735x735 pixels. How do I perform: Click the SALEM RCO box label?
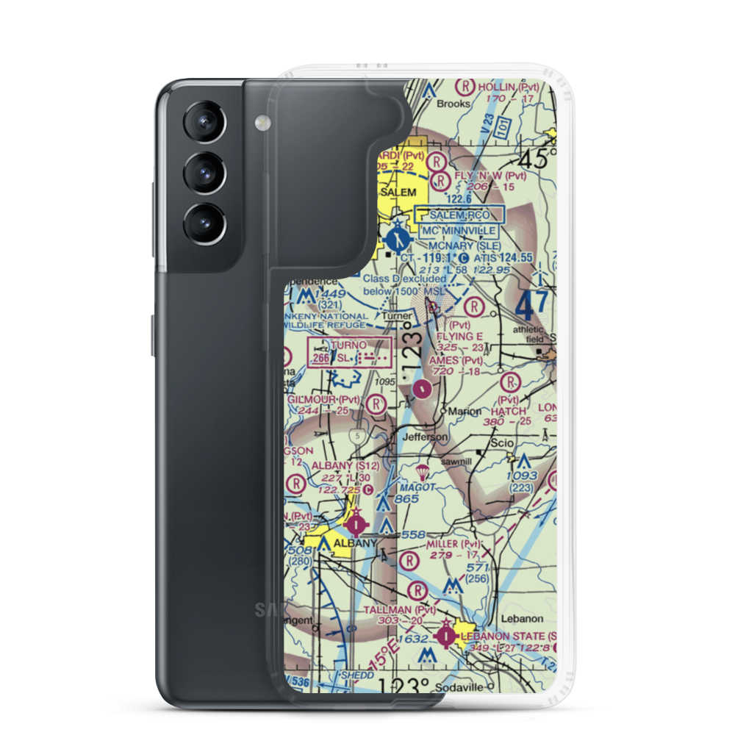460,215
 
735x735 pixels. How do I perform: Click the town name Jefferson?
425,437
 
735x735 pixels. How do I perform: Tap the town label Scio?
503,444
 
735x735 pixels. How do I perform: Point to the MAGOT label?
417,487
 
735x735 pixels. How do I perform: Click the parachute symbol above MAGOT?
423,470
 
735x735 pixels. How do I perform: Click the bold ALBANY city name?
355,544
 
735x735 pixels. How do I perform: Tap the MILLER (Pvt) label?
453,544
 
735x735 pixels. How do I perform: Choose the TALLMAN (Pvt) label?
404,610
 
